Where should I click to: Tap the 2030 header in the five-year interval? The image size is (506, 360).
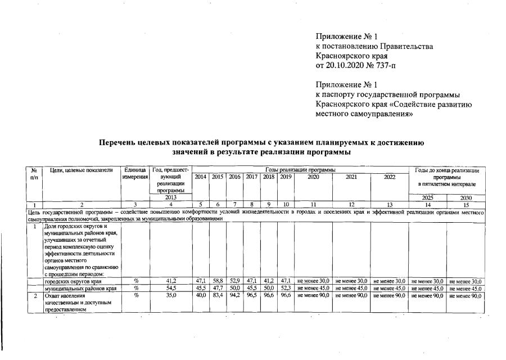pos(466,198)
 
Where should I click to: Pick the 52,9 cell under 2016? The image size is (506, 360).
pos(234,281)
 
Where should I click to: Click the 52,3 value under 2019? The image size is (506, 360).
pos(286,288)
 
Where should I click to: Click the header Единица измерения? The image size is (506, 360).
pos(135,174)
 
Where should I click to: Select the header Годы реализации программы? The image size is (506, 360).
pos(300,170)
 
